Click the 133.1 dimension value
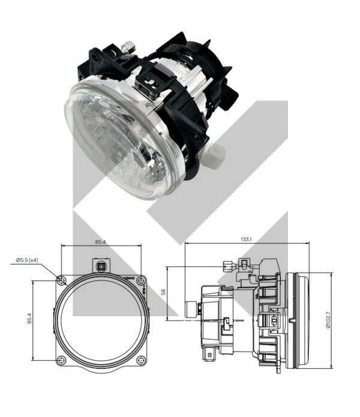pyautogui.click(x=246, y=239)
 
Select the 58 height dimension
pyautogui.click(x=163, y=292)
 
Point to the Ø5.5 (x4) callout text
pyautogui.click(x=27, y=260)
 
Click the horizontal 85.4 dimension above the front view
pyautogui.click(x=101, y=242)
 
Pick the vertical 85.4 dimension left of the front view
pyautogui.click(x=29, y=319)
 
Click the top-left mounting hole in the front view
pyautogui.click(x=62, y=280)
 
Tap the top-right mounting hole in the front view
pyautogui.click(x=142, y=280)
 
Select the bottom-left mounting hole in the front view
pyautogui.click(x=62, y=361)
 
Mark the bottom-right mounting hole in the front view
pyautogui.click(x=142, y=361)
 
